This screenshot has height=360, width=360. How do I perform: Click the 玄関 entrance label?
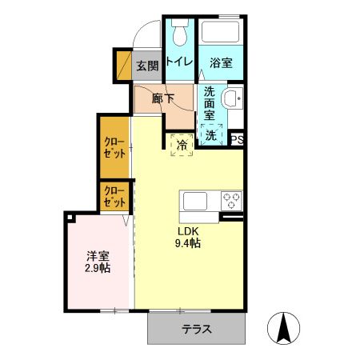pyautogui.click(x=146, y=66)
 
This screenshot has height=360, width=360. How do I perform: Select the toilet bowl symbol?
pyautogui.click(x=180, y=34)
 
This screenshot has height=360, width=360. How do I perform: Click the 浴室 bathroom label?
pyautogui.click(x=222, y=62)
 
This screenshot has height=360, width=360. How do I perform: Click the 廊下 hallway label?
pyautogui.click(x=164, y=98)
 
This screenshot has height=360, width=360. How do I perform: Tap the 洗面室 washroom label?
pyautogui.click(x=210, y=103)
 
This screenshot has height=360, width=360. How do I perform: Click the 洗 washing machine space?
pyautogui.click(x=210, y=135)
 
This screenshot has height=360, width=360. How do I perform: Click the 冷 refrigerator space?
pyautogui.click(x=182, y=145)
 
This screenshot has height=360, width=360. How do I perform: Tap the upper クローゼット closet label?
pyautogui.click(x=114, y=147)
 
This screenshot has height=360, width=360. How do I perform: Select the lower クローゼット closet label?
pyautogui.click(x=114, y=196)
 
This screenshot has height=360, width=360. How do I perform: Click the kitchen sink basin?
pyautogui.click(x=197, y=199)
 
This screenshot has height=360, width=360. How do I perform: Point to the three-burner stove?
pyautogui.click(x=230, y=199)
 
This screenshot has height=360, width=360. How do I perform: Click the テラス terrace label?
pyautogui.click(x=196, y=328)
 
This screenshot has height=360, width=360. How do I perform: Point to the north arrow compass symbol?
pyautogui.click(x=284, y=328)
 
